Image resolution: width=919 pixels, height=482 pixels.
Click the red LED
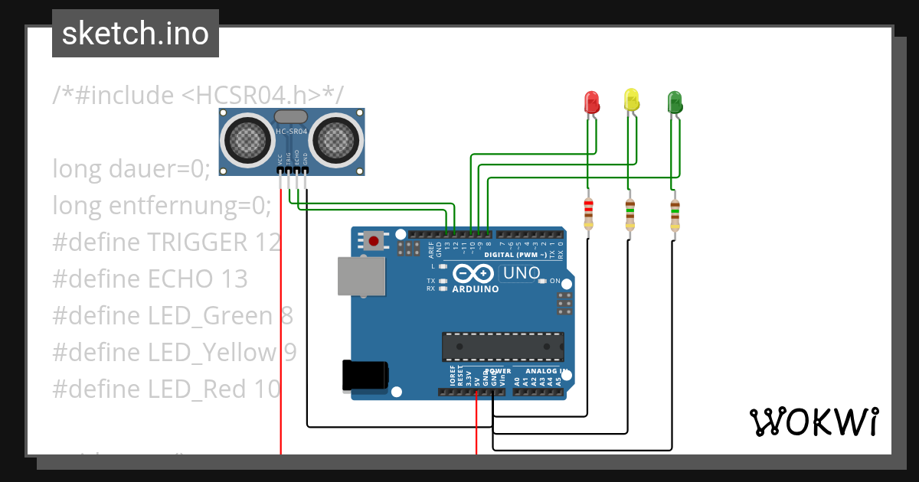(x=591, y=103)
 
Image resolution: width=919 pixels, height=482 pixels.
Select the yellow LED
(x=631, y=100)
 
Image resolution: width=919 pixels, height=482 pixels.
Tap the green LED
(x=675, y=102)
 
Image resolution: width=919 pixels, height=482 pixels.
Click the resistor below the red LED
(x=588, y=213)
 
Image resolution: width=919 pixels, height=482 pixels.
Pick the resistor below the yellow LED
(x=630, y=213)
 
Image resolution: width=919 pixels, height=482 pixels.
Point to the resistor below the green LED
(x=674, y=213)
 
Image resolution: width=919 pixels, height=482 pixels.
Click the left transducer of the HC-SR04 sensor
(x=247, y=139)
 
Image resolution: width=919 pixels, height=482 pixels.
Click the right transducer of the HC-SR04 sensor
(x=337, y=139)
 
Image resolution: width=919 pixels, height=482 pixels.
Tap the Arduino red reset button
(x=374, y=242)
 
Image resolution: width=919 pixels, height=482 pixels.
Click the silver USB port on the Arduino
(x=361, y=275)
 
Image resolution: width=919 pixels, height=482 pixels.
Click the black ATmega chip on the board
(x=502, y=346)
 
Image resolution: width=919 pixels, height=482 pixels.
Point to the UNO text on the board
(x=521, y=273)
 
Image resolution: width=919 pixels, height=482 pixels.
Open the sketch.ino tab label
(x=136, y=34)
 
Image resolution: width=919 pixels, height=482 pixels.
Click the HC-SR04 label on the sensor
(x=291, y=132)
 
